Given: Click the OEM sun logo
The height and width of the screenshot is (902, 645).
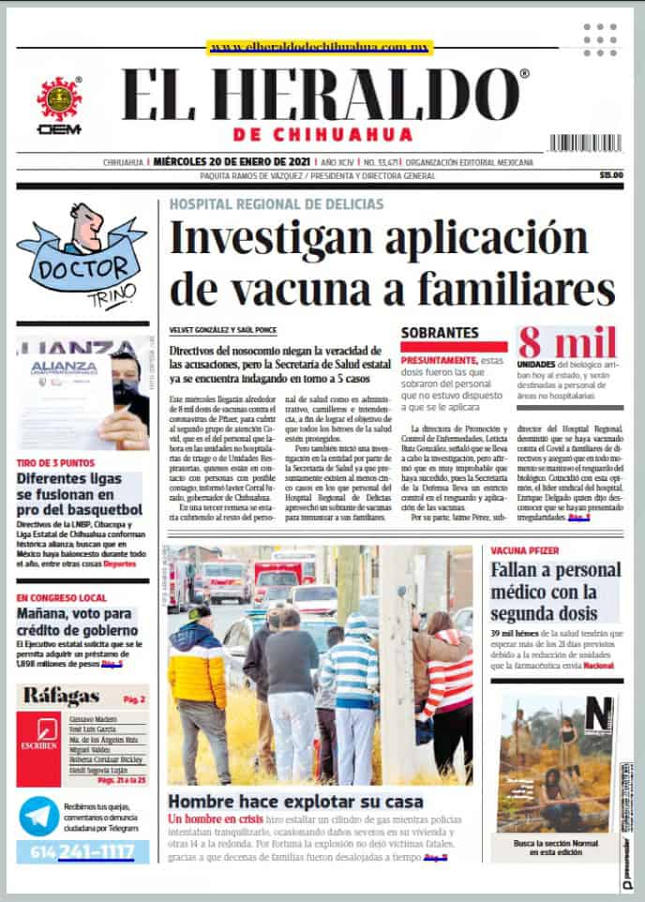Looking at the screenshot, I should click(59, 98).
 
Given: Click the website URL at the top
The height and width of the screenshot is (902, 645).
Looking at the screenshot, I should click(320, 46).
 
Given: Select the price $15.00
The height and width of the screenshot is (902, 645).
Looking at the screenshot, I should click(611, 175).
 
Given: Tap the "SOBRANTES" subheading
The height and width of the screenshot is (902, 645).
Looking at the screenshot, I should click(440, 332).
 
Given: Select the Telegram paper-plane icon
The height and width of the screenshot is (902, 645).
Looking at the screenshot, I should click(39, 816).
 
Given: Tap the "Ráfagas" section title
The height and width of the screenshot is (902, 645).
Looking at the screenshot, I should click(62, 696).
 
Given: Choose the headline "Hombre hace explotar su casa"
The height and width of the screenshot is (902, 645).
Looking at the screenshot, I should click(295, 802).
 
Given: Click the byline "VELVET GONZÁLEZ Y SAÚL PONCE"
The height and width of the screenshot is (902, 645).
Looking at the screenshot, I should click(225, 331).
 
